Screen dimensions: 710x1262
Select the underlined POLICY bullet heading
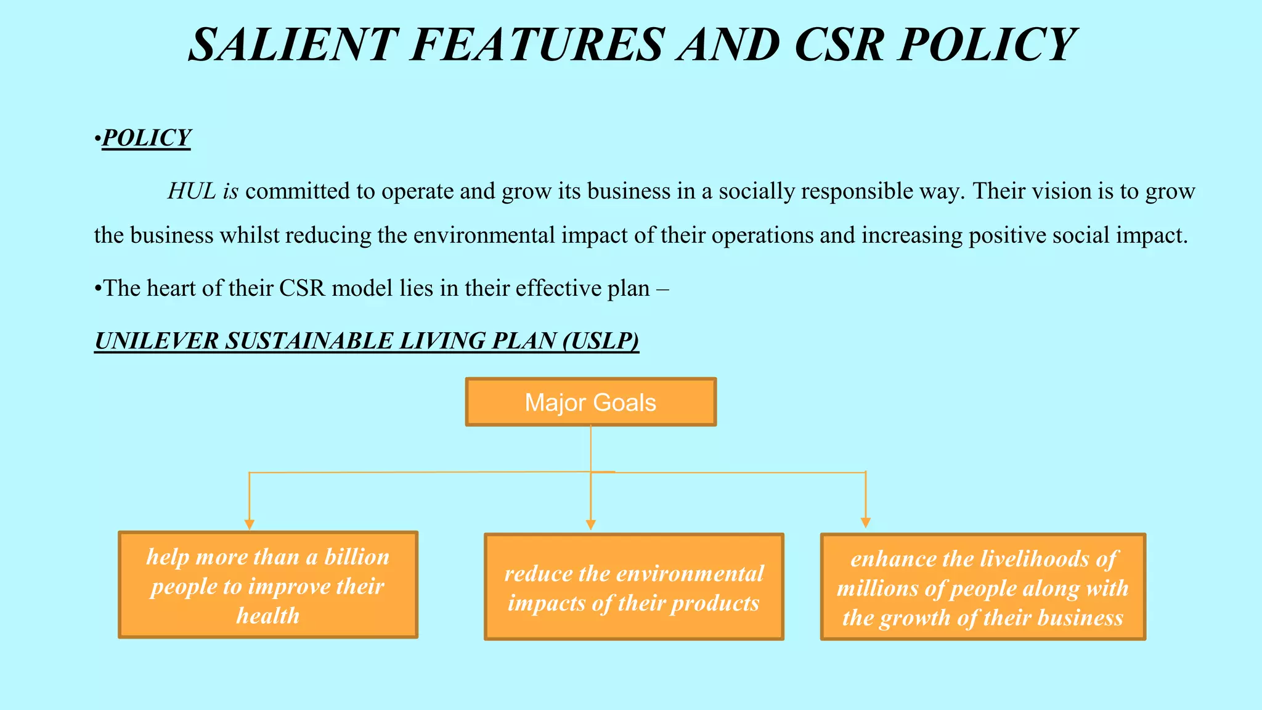tap(146, 137)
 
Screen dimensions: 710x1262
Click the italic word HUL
tap(192, 191)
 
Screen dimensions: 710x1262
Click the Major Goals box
tap(590, 402)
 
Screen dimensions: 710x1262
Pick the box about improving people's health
tap(267, 584)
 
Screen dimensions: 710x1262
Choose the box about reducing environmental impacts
tap(633, 587)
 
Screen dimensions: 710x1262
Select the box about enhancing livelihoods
tap(983, 587)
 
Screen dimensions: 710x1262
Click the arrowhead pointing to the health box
tap(249, 524)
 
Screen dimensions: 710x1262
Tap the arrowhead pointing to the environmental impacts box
tap(590, 524)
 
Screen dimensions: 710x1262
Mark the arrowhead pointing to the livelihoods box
tap(865, 523)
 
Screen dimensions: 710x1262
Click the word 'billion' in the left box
tap(357, 557)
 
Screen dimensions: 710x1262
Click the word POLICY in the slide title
tap(986, 44)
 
